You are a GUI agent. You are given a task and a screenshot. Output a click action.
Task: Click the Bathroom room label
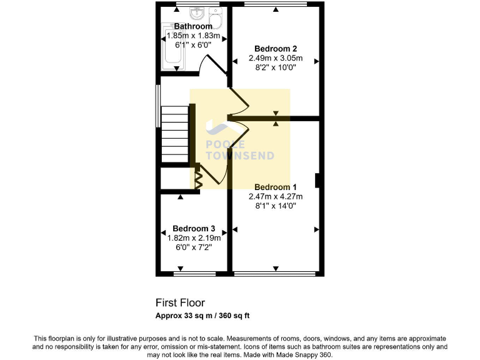pyautogui.click(x=192, y=26)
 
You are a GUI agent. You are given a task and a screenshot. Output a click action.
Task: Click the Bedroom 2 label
pyautogui.click(x=275, y=48)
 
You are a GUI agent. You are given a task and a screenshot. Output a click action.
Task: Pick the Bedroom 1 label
pyautogui.click(x=275, y=187)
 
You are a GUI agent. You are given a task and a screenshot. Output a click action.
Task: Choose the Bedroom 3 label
pyautogui.click(x=194, y=228)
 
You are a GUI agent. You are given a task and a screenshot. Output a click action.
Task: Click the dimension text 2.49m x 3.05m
pyautogui.click(x=275, y=57)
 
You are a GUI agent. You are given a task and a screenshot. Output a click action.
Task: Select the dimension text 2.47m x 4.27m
pyautogui.click(x=275, y=196)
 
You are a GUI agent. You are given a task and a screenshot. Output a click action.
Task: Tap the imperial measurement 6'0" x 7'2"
pyautogui.click(x=194, y=247)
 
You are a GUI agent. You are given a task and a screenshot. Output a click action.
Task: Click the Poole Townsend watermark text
pyautogui.click(x=240, y=150)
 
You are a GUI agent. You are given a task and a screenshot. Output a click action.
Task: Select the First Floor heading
pyautogui.click(x=180, y=303)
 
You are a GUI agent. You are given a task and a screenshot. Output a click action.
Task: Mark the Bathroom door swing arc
pyautogui.click(x=207, y=64)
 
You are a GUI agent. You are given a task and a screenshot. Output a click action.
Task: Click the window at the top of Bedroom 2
pyautogui.click(x=275, y=4)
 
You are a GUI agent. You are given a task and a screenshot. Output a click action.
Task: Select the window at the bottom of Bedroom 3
pyautogui.click(x=194, y=274)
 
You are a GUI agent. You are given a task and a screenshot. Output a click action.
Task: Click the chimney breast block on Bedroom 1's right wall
pyautogui.click(x=318, y=181)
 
